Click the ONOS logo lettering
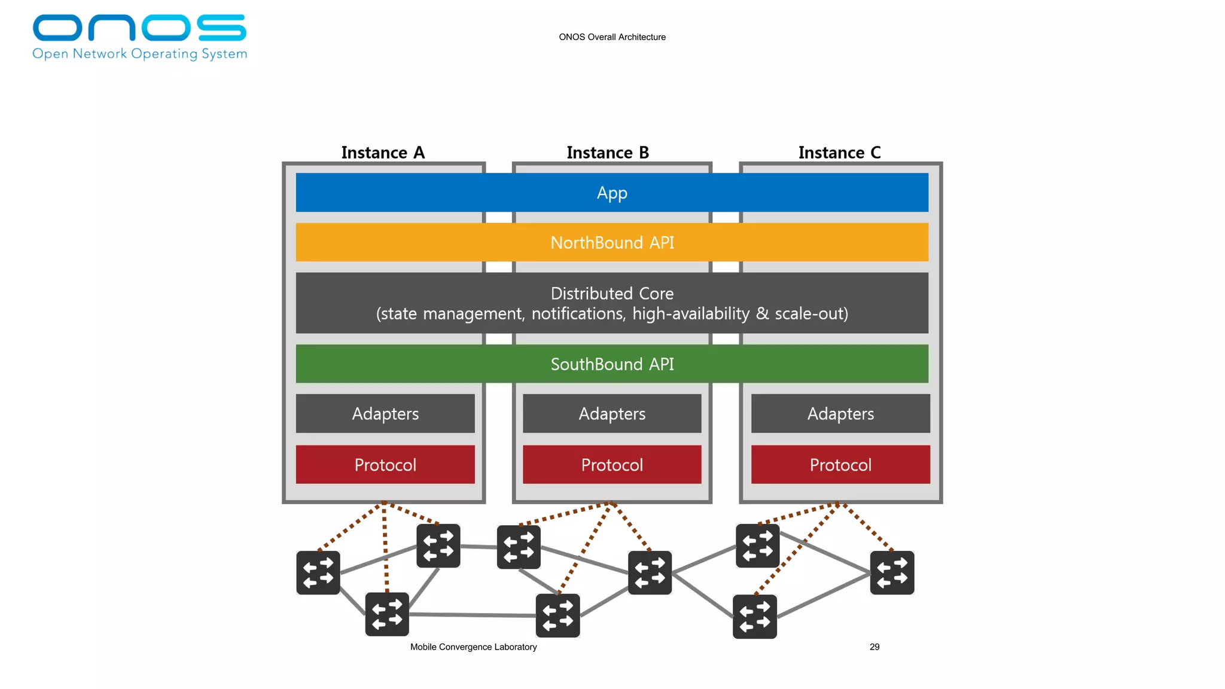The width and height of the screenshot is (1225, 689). coord(139,28)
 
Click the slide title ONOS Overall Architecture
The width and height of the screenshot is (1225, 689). coord(612,37)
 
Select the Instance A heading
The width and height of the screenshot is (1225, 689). coord(383,153)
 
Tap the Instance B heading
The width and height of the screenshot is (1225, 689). coord(608,153)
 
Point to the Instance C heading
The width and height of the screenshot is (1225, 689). coord(839,153)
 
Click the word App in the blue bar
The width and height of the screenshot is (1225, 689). coord(612,193)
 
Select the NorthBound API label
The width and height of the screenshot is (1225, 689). coord(612,243)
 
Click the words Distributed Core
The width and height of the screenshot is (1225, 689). coord(612,294)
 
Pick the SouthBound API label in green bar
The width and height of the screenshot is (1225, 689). coord(612,364)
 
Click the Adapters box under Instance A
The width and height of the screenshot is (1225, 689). coord(385,414)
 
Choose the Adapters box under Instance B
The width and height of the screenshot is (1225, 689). coord(612,414)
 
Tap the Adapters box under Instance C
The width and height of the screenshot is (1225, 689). coord(840,414)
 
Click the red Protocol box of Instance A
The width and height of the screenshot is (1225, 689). coord(385,465)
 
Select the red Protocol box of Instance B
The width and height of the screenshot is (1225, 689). coord(612,465)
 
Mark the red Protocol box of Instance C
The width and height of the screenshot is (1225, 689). coord(840,465)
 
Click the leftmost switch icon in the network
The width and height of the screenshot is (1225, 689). coord(318,573)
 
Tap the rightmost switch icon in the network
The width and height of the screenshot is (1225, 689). coord(892,573)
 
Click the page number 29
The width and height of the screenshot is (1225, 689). coord(874,647)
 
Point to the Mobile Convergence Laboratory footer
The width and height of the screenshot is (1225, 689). coord(473,647)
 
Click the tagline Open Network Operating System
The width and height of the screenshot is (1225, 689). coord(139,54)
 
